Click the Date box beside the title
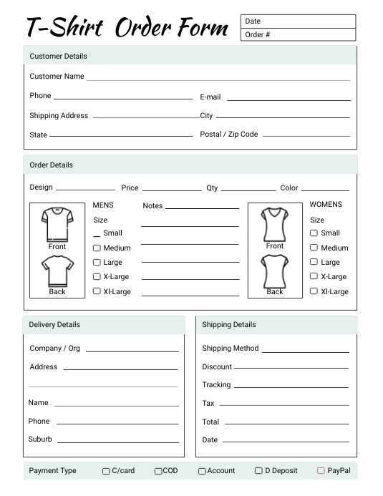tap(298, 21)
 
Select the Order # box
tap(298, 34)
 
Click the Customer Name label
tap(57, 76)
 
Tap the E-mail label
tap(210, 97)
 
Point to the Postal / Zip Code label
tap(229, 134)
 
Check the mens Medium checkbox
tap(97, 248)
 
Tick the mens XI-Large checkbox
tap(97, 291)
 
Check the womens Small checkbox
tap(314, 233)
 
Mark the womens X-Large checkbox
tap(314, 276)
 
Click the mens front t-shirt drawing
tap(57, 224)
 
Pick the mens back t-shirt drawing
tap(57, 271)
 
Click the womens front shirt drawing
tap(275, 224)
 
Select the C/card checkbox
tap(106, 471)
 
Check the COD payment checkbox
tap(158, 471)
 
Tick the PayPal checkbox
tap(321, 470)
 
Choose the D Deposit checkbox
tap(258, 470)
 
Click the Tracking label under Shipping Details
tap(216, 384)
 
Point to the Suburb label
tap(40, 439)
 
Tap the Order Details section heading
tap(51, 165)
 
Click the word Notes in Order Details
tap(152, 205)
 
